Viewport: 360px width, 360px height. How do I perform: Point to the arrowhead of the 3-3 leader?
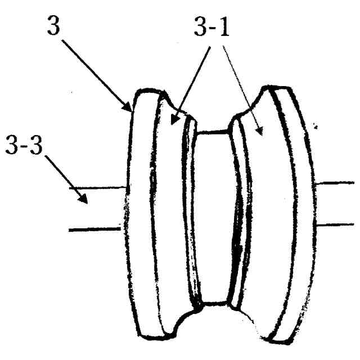click(84, 199)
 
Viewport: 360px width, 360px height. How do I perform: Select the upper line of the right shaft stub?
click(336, 183)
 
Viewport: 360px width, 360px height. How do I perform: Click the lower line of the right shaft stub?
click(336, 224)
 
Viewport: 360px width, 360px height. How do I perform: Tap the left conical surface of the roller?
click(169, 214)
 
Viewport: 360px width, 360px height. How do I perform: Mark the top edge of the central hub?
click(212, 133)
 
